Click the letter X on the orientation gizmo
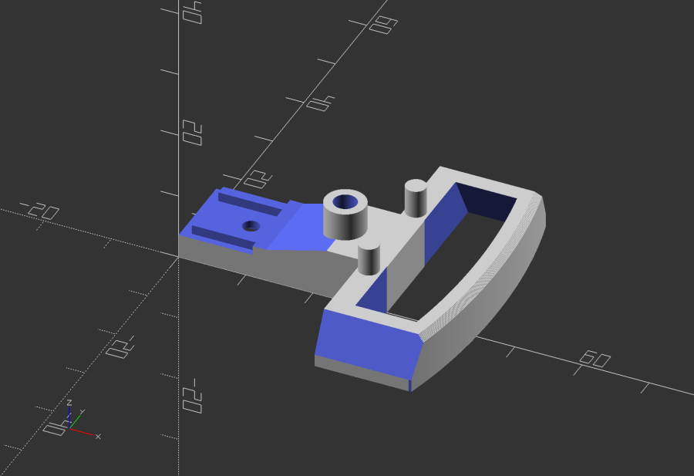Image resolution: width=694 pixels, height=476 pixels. (98, 437)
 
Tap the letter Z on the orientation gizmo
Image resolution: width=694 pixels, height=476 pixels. (69, 403)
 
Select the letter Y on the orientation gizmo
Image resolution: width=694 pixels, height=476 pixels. (83, 412)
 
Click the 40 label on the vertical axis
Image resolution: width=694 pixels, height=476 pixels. (192, 12)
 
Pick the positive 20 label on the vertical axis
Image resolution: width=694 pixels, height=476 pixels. (192, 133)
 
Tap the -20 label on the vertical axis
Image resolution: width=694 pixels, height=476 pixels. (192, 395)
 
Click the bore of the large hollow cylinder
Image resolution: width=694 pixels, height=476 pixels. (345, 203)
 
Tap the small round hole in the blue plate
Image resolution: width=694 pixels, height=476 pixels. (251, 226)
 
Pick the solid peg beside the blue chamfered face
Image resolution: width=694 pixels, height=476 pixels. (369, 258)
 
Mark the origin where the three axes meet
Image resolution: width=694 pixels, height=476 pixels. (179, 257)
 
